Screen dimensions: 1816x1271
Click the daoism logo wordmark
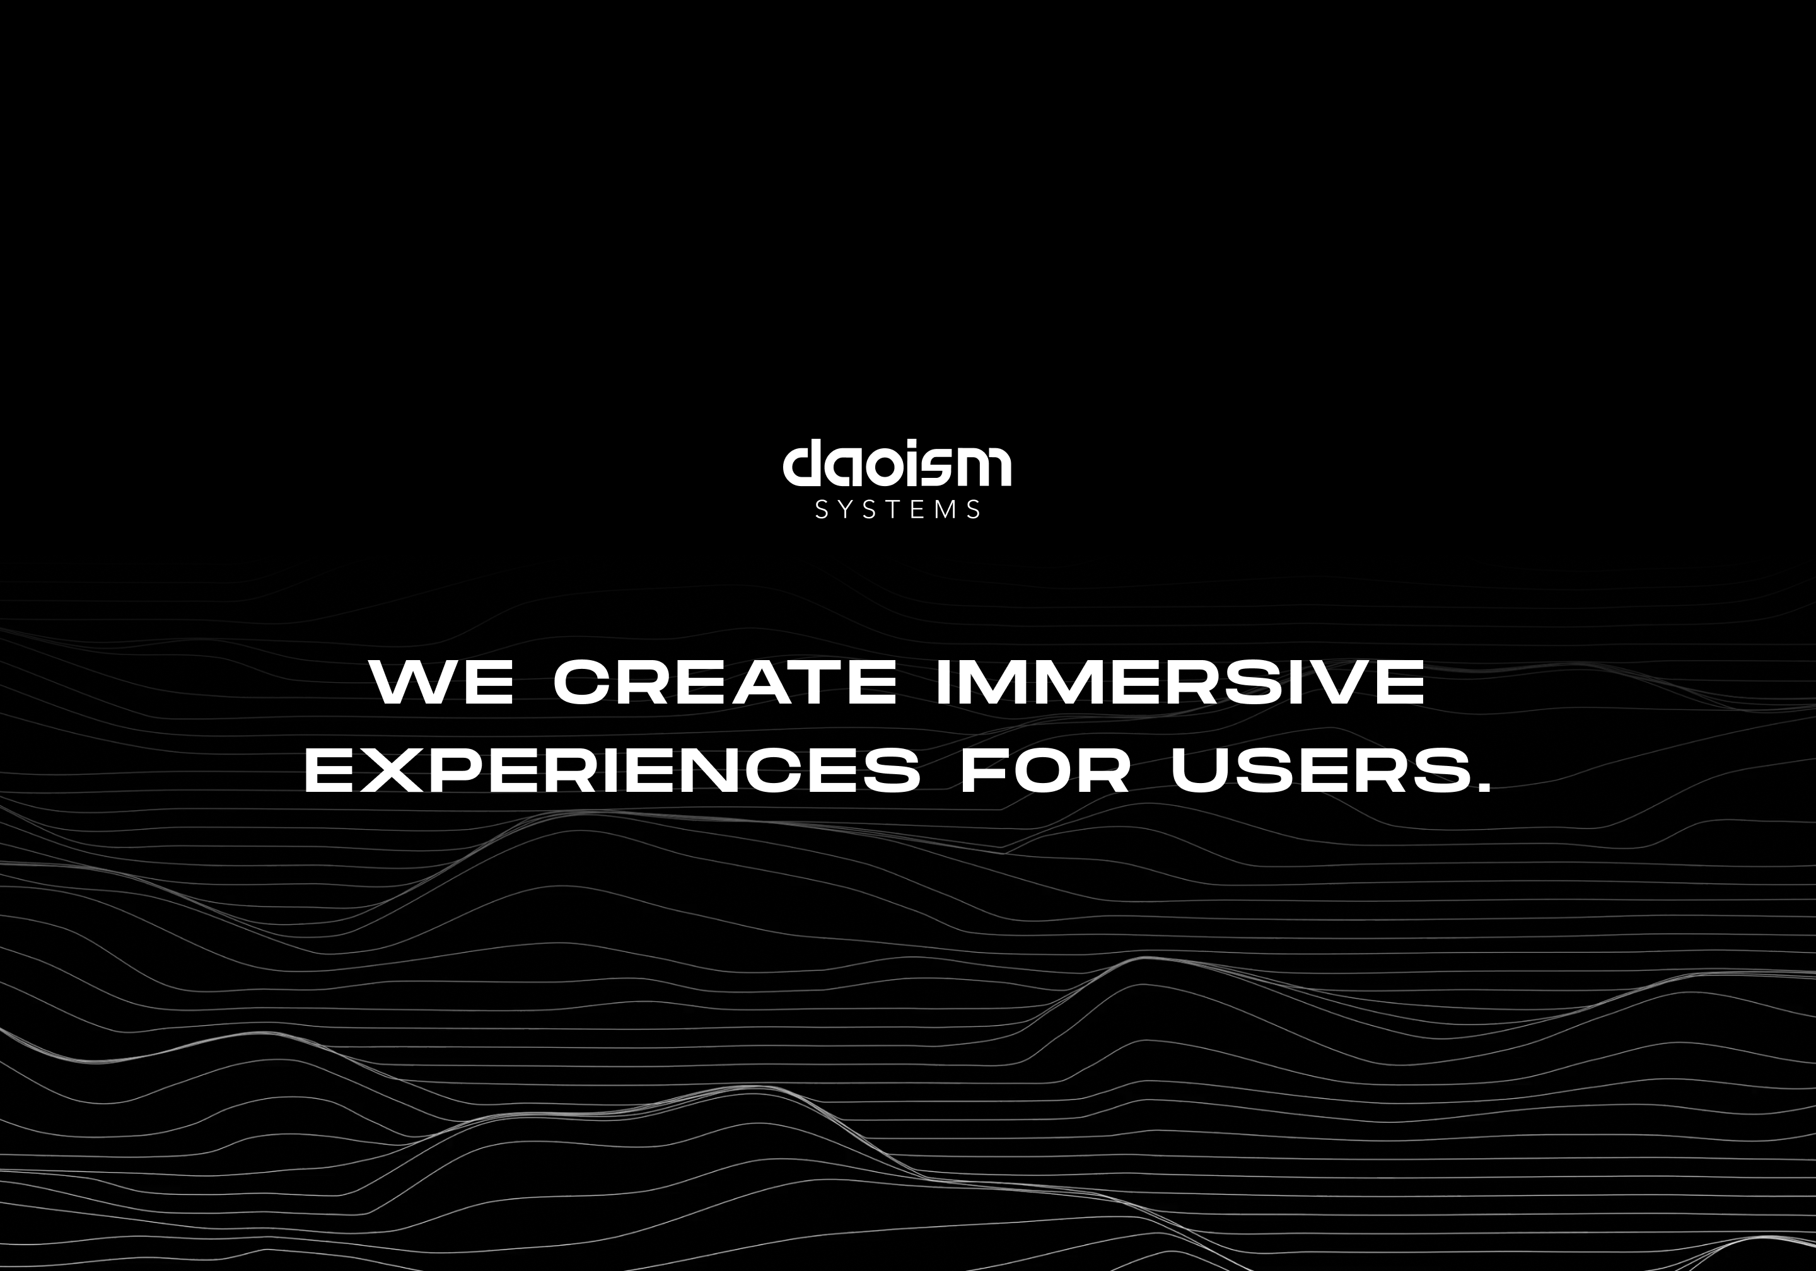[x=897, y=463]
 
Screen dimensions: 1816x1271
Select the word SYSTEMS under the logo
[x=898, y=509]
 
